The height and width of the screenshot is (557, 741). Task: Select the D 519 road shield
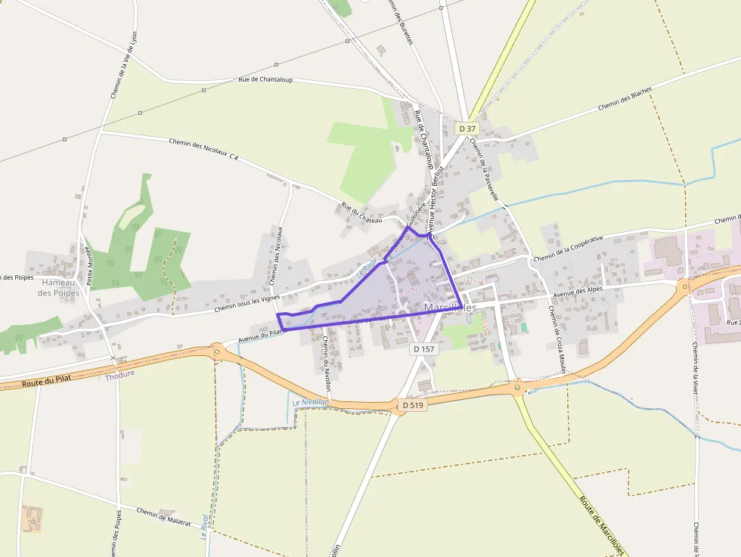coord(414,405)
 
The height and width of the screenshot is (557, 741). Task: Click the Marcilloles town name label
coord(451,308)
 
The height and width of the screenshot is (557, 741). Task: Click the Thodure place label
coord(119,374)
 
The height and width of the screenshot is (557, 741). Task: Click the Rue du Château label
coord(361,212)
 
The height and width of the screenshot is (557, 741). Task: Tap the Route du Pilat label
coord(45,382)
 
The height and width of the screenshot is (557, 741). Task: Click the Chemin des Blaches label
coord(625,99)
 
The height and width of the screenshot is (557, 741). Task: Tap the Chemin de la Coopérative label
coord(568,249)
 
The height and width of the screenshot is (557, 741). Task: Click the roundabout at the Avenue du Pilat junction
coord(217,351)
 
